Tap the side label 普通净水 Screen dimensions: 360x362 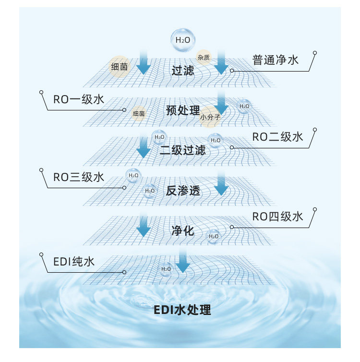point(275,60)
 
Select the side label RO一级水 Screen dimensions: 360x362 point(78,100)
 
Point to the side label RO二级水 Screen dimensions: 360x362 point(278,137)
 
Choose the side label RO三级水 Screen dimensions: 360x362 point(78,177)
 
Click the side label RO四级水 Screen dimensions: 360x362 point(278,217)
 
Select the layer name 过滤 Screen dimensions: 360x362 point(183,71)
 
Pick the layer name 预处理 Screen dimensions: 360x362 point(182,110)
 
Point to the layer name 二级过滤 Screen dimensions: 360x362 point(182,151)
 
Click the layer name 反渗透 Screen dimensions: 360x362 point(182,191)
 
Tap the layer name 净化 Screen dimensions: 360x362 point(182,231)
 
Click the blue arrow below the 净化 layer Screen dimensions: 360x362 point(182,262)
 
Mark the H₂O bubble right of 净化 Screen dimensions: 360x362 point(214,236)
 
